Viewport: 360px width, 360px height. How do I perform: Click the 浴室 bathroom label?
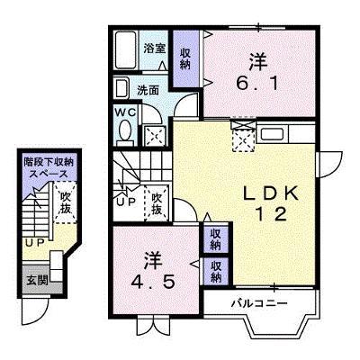click(155, 49)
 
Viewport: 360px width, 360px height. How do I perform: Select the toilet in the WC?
click(125, 131)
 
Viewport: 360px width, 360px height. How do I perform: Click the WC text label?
click(126, 112)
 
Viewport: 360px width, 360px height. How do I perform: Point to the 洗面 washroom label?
click(148, 90)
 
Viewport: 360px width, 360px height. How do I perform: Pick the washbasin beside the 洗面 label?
click(121, 87)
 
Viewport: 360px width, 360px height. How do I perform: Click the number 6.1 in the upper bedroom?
click(257, 83)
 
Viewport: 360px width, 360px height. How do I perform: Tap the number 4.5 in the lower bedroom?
click(153, 282)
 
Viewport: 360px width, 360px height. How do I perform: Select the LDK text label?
click(271, 193)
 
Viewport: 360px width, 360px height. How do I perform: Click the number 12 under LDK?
click(271, 214)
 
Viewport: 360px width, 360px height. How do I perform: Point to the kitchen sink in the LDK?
click(272, 133)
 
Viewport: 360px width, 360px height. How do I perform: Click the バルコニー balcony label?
click(259, 303)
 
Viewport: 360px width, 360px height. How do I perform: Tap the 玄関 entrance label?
click(38, 280)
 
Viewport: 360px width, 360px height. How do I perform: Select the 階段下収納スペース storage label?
click(49, 168)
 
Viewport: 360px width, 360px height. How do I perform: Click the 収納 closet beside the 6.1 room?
click(185, 58)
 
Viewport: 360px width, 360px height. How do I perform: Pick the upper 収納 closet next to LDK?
click(215, 239)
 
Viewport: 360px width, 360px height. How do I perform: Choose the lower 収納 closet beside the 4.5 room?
click(215, 272)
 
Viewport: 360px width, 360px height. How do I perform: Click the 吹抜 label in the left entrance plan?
click(65, 202)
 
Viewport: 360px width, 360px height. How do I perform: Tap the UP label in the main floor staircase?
click(126, 202)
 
